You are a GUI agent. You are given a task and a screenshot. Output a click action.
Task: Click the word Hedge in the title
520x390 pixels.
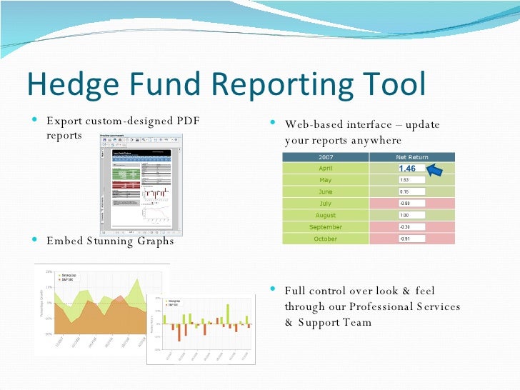[68, 84]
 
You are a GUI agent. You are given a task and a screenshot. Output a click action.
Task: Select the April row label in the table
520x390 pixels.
[325, 169]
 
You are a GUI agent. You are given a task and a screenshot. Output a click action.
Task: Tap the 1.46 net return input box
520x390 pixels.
[411, 169]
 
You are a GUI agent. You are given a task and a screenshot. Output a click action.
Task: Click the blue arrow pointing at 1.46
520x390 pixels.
[441, 169]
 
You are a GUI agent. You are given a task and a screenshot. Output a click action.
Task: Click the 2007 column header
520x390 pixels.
[325, 157]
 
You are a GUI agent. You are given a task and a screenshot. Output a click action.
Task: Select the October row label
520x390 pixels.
[325, 239]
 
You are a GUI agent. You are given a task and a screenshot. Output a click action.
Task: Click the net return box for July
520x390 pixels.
[411, 204]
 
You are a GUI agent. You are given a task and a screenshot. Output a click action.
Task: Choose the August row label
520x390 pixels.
[325, 215]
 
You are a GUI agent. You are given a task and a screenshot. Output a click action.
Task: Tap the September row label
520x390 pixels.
[325, 227]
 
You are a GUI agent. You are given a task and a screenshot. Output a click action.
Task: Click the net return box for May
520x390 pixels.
[411, 180]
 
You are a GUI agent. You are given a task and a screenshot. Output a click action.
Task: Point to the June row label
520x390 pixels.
[325, 192]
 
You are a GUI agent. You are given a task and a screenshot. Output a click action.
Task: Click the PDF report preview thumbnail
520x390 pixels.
[141, 184]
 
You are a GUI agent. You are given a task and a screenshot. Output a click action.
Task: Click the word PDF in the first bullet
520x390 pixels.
[187, 121]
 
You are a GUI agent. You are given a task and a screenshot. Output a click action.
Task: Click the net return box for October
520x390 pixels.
[411, 239]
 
